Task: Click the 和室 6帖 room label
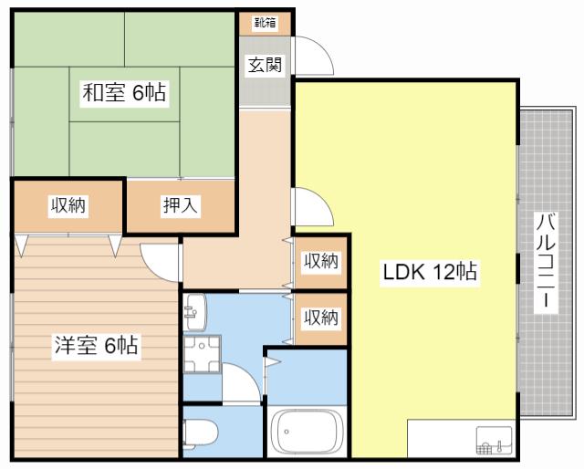(x=124, y=92)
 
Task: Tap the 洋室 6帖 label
(x=96, y=345)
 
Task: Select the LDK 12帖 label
(x=430, y=272)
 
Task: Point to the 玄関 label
(x=266, y=65)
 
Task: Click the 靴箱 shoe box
(x=265, y=24)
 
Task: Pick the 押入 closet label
(x=181, y=204)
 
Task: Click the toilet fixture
(x=200, y=433)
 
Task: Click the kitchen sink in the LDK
(x=494, y=441)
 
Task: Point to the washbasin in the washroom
(x=194, y=312)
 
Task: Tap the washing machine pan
(x=202, y=354)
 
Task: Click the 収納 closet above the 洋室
(x=68, y=206)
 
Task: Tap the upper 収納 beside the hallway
(x=321, y=262)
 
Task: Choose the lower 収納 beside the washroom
(x=321, y=318)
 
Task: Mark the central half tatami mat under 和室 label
(x=124, y=94)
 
